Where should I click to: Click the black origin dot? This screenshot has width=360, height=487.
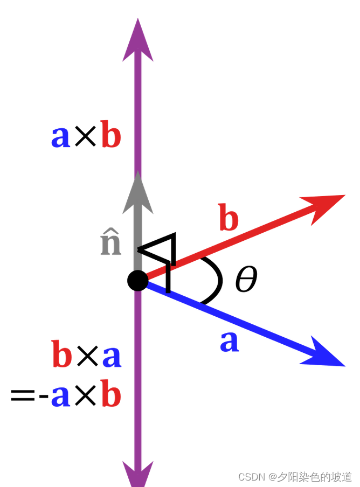pyautogui.click(x=138, y=281)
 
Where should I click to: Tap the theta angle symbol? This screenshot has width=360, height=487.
pyautogui.click(x=246, y=280)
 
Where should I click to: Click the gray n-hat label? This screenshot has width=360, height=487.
pyautogui.click(x=111, y=244)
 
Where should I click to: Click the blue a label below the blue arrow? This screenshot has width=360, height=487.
pyautogui.click(x=229, y=342)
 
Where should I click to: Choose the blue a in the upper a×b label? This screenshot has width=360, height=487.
pyautogui.click(x=60, y=137)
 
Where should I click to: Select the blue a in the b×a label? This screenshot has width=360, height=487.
pyautogui.click(x=111, y=357)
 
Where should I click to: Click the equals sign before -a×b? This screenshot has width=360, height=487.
pyautogui.click(x=23, y=398)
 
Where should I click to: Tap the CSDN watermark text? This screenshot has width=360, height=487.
pyautogui.click(x=295, y=477)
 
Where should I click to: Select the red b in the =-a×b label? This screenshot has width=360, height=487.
pyautogui.click(x=110, y=395)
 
